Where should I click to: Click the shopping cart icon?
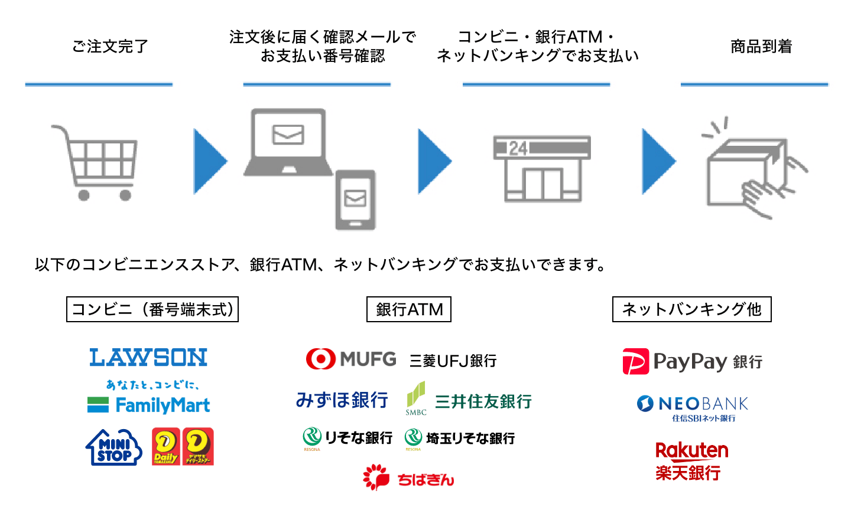98,162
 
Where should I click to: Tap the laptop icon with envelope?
288,142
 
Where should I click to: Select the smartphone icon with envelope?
355,199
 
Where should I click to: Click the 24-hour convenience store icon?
542,169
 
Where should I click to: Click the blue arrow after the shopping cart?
210,161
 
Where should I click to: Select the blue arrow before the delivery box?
658,161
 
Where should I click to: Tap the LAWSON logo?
148,358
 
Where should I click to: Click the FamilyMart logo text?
163,405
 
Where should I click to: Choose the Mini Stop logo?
114,447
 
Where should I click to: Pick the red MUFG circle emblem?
321,359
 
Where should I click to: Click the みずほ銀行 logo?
342,401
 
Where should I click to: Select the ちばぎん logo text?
425,480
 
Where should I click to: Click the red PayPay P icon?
635,362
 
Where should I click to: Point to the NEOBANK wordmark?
703,404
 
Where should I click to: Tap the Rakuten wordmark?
692,451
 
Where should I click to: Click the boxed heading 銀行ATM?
409,309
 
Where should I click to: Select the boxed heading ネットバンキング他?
691,309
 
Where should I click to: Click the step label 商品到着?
761,47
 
